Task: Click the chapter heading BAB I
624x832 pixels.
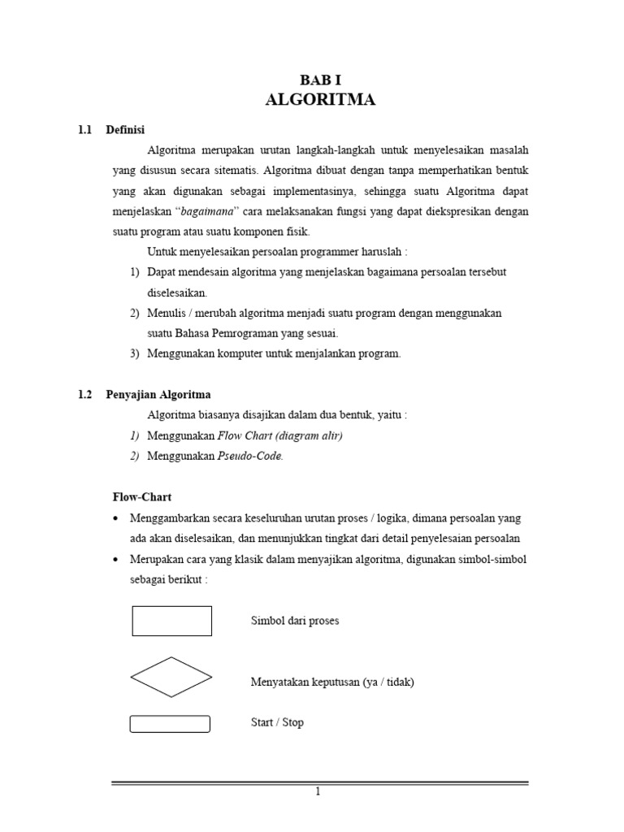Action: click(x=320, y=79)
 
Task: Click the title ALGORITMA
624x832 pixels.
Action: click(x=320, y=100)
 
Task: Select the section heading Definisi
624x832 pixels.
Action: click(x=126, y=130)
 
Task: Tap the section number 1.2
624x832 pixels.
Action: click(x=85, y=394)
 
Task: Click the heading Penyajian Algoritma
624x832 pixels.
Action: click(x=158, y=394)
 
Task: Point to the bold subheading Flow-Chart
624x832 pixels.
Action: click(x=141, y=496)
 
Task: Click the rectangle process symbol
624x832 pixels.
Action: click(x=171, y=621)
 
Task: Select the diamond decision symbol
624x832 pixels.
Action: click(x=171, y=677)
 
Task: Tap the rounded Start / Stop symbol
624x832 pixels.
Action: click(x=170, y=723)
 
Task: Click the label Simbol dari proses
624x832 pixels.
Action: click(x=295, y=621)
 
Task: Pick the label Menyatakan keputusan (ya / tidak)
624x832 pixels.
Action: click(x=332, y=682)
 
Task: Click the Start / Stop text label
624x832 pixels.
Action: click(x=277, y=722)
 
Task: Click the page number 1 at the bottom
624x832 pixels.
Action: click(x=318, y=793)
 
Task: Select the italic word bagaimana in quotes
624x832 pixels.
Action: click(x=205, y=211)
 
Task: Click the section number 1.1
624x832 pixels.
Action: click(x=85, y=130)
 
